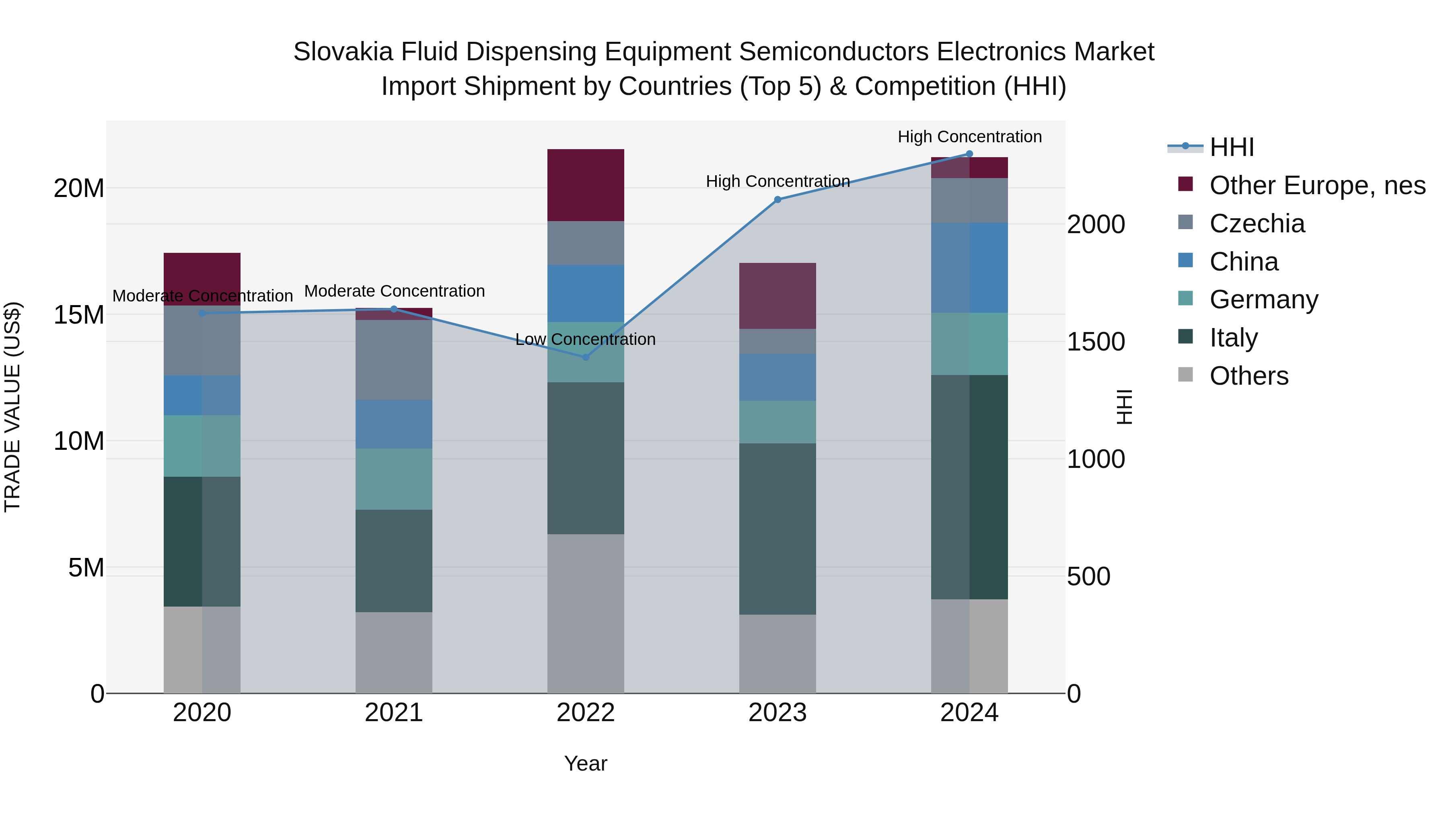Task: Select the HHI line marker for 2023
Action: click(x=777, y=199)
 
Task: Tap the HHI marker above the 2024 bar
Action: click(x=969, y=154)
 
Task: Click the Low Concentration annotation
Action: click(x=585, y=339)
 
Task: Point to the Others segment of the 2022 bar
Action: click(x=585, y=613)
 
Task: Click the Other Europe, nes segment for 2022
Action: click(x=585, y=185)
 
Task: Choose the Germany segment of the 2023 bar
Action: click(x=777, y=422)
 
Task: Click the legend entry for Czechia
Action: click(x=1257, y=223)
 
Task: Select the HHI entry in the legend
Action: click(x=1231, y=147)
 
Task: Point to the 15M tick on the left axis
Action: click(x=79, y=315)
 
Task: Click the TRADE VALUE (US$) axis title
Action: click(x=12, y=407)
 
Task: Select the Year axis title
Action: click(x=585, y=763)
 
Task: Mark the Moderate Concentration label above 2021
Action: click(x=394, y=291)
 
